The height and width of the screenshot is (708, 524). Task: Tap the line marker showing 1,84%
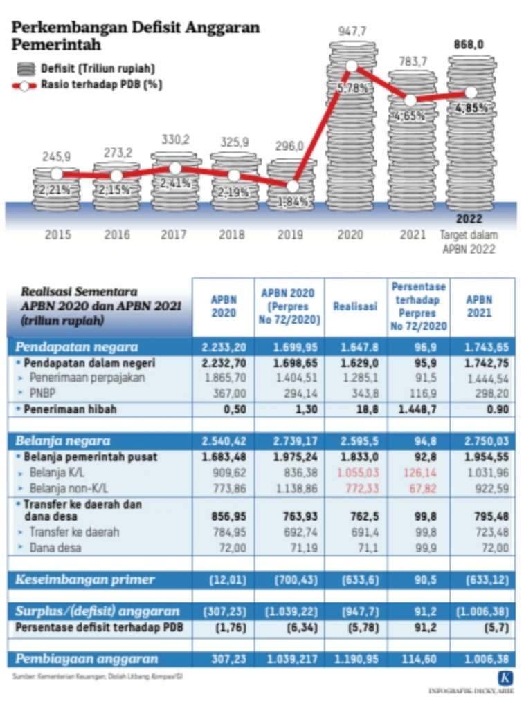(293, 186)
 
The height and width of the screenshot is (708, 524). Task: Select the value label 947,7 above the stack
(352, 31)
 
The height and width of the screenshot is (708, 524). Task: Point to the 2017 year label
(174, 234)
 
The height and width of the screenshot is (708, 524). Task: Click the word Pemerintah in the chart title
(56, 45)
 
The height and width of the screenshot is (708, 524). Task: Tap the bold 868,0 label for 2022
(469, 45)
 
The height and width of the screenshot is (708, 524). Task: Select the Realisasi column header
(355, 306)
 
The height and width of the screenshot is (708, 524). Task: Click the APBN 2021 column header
(478, 306)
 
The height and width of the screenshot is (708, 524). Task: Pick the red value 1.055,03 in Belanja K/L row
(355, 473)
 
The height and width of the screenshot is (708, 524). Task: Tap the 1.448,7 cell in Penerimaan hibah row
(417, 409)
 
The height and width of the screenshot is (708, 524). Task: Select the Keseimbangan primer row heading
(84, 579)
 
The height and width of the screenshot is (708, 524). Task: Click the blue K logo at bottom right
(505, 678)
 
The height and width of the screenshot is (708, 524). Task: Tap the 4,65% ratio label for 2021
(410, 116)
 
